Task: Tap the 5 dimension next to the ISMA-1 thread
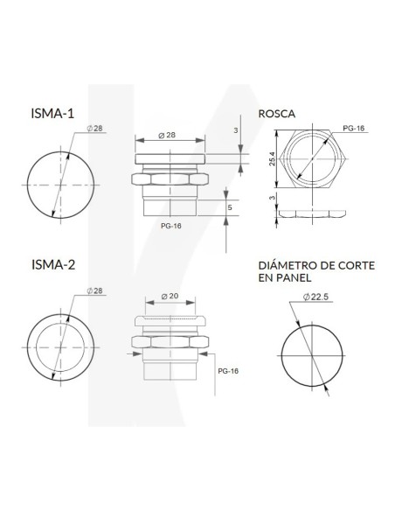(x=230, y=207)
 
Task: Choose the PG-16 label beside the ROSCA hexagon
(x=353, y=128)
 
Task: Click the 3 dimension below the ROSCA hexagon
(x=271, y=200)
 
